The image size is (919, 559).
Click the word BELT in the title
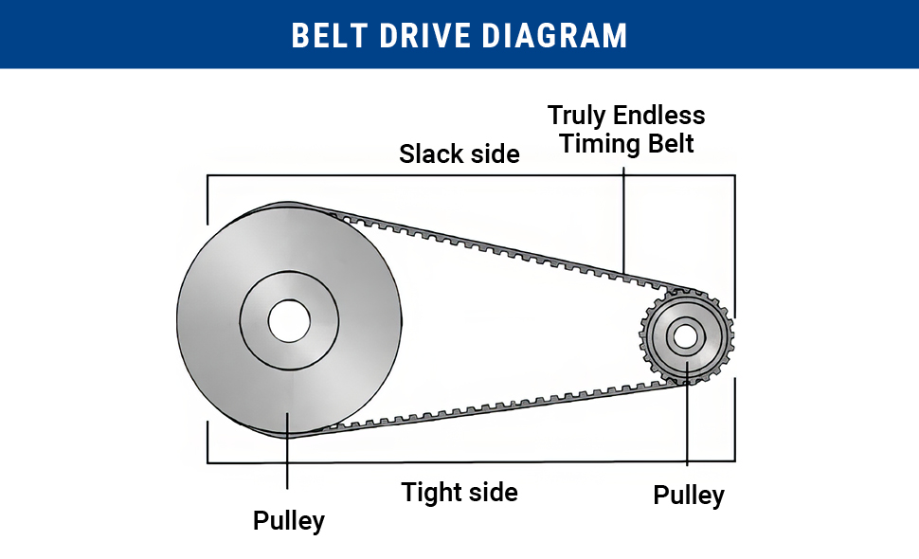[325, 35]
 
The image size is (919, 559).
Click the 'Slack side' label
[459, 153]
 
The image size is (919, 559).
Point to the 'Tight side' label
[459, 493]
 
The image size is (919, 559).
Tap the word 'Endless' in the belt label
[658, 116]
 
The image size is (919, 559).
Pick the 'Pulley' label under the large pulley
[289, 520]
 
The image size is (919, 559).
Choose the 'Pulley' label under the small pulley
[689, 496]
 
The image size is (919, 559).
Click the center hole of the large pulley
[289, 321]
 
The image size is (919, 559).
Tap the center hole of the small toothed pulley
[686, 335]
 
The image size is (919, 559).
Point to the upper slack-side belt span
[493, 247]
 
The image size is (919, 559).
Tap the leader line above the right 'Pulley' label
[686, 426]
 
